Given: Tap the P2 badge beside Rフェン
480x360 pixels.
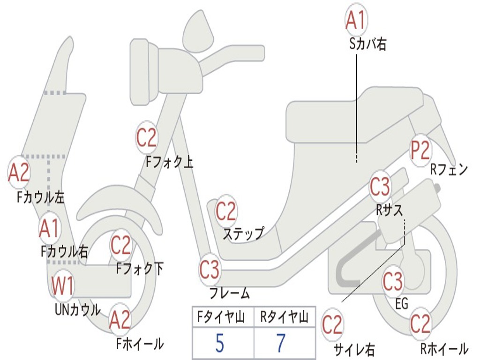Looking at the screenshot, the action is [x=420, y=150].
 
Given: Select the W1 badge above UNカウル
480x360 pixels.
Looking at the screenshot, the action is [x=62, y=285].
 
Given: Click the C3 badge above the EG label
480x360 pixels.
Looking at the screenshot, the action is [x=393, y=282].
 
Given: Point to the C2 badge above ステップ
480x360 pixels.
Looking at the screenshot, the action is [x=226, y=211].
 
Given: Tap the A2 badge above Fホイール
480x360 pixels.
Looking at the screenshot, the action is [x=120, y=320].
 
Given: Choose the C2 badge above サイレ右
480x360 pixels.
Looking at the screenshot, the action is [x=332, y=325].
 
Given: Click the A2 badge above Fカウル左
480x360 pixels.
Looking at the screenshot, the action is [x=19, y=172].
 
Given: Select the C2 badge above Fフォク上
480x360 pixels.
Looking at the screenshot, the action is [x=147, y=138].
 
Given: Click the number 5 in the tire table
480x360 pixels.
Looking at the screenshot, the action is [x=220, y=343].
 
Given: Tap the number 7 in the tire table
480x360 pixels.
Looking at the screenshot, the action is [x=281, y=343].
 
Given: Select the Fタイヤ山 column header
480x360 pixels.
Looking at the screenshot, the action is [x=221, y=317].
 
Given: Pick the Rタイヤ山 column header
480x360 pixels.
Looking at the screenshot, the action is [x=285, y=317].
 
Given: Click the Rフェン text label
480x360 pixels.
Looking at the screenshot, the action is [x=450, y=170].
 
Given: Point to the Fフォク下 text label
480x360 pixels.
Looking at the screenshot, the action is [x=140, y=269].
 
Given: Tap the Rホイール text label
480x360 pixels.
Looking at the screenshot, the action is [x=444, y=349].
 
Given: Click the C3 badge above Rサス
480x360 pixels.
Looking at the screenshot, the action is [x=380, y=187].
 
